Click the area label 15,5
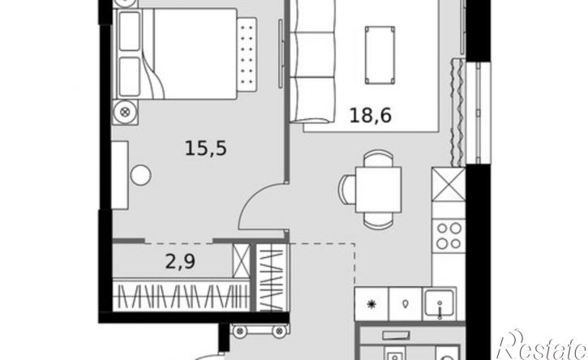click(x=206, y=148)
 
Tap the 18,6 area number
click(x=371, y=115)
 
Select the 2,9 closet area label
click(x=180, y=261)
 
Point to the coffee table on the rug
click(x=380, y=55)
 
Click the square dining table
click(x=379, y=190)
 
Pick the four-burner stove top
click(x=449, y=235)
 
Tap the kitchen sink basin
click(x=439, y=302)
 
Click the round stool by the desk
click(x=140, y=175)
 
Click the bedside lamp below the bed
click(x=126, y=112)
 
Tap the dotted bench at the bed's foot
click(x=247, y=54)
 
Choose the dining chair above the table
click(x=379, y=158)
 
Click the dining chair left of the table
click(x=347, y=190)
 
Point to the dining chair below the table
click(x=379, y=221)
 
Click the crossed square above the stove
click(x=449, y=185)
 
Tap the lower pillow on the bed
click(x=130, y=76)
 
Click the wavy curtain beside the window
click(x=457, y=113)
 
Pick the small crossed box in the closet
click(x=241, y=260)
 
